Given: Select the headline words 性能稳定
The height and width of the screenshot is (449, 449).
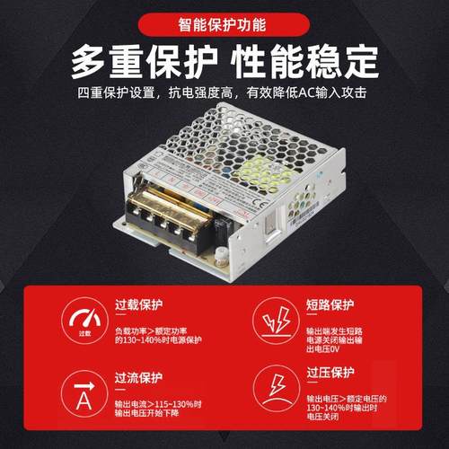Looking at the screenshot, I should coord(304,61).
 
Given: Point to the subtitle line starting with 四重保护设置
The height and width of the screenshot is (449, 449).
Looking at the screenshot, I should coord(224,92).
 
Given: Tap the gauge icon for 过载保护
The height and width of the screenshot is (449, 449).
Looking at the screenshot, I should coord(84,321).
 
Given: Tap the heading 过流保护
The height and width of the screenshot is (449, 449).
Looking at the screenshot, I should coord(139,377).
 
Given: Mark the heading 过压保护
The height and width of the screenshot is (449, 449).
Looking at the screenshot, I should coord(330,372).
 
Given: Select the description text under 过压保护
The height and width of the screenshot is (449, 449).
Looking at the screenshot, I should coord(346,407).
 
